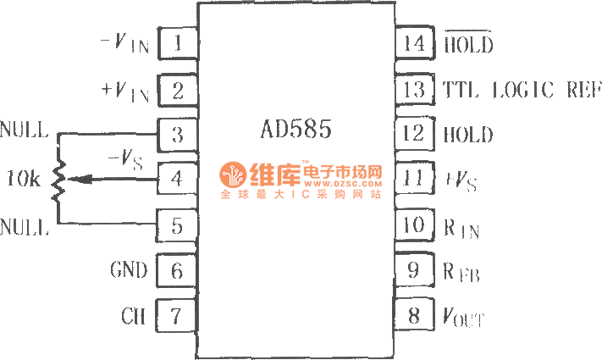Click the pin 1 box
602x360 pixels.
point(177,43)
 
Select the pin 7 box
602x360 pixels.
point(177,317)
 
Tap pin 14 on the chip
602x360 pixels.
point(414,43)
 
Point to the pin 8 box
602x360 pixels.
point(414,317)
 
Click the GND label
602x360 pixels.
point(129,271)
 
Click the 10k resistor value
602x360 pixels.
point(21,179)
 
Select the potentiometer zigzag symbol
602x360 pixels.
point(58,180)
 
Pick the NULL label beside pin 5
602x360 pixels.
point(25,227)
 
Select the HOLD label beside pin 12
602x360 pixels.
point(468,135)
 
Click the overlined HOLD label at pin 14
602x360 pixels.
point(468,44)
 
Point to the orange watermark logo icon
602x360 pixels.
point(232,177)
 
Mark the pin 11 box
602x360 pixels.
point(414,180)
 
